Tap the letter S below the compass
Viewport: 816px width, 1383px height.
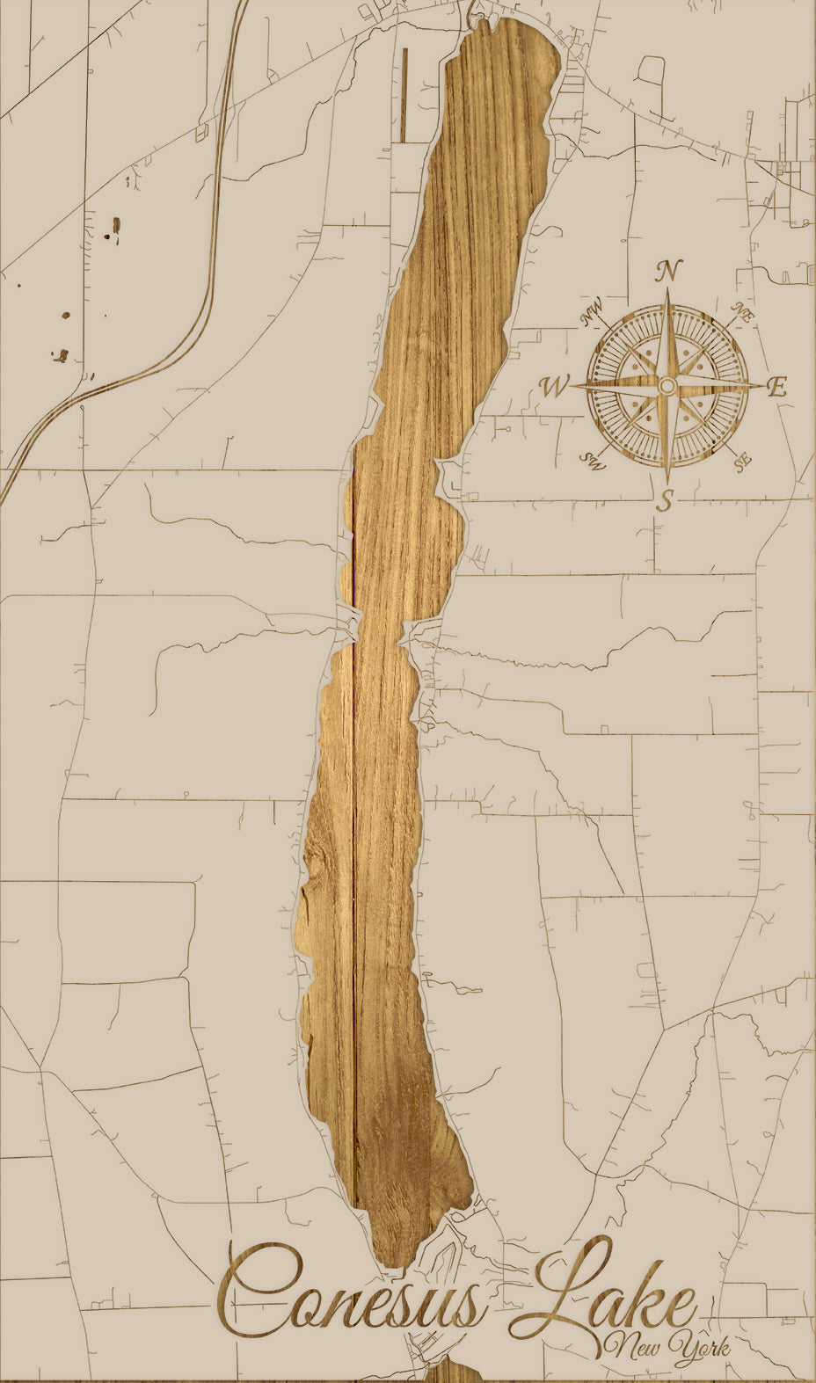(x=666, y=500)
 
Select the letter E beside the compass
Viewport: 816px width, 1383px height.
(x=776, y=387)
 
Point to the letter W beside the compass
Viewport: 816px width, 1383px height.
(x=556, y=387)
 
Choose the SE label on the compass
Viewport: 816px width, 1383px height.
(x=743, y=460)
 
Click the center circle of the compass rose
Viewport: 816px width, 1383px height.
(x=667, y=386)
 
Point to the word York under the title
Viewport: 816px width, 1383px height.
(x=699, y=1347)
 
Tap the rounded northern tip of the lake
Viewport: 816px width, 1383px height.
(x=506, y=35)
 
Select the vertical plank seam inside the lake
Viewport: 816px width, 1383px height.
(x=353, y=879)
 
